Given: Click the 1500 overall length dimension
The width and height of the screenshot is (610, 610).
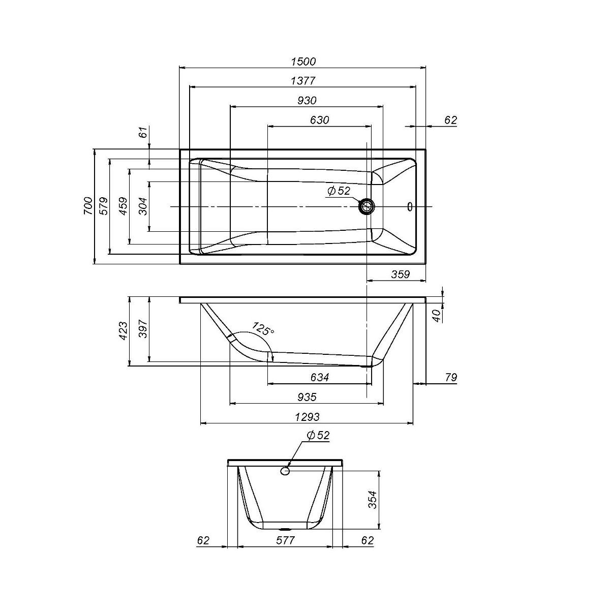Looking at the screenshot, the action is pos(303,62).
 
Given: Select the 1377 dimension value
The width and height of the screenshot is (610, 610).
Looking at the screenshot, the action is pos(303,81).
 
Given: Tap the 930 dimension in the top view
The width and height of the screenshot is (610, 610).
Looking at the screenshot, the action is pos(307,100).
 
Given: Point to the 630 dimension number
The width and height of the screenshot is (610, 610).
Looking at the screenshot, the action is pos(319,120).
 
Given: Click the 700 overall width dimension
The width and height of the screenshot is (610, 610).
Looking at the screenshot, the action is pos(88,206).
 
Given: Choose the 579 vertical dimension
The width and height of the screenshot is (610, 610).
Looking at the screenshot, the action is pos(104,206).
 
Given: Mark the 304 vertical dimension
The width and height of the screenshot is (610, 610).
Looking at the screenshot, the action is pos(143,206).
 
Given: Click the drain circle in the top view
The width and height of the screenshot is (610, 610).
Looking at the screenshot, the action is pos(367,207).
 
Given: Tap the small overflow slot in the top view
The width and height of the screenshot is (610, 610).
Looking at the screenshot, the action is pos(410,207).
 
